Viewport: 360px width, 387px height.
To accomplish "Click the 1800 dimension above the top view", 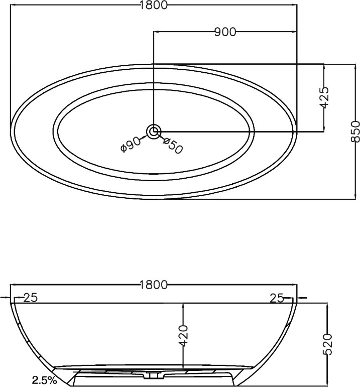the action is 154,5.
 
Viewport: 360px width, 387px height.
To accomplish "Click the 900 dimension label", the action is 225,32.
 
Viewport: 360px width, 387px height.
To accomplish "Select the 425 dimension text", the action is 324,97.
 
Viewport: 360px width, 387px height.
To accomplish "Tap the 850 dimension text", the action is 355,132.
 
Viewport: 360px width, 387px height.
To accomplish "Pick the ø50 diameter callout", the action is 173,146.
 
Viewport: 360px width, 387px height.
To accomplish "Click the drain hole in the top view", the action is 154,132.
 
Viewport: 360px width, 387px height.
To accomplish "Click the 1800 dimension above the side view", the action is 154,285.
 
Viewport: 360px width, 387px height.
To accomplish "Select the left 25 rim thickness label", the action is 30,298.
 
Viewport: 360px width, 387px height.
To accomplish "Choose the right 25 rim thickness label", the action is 277,299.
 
